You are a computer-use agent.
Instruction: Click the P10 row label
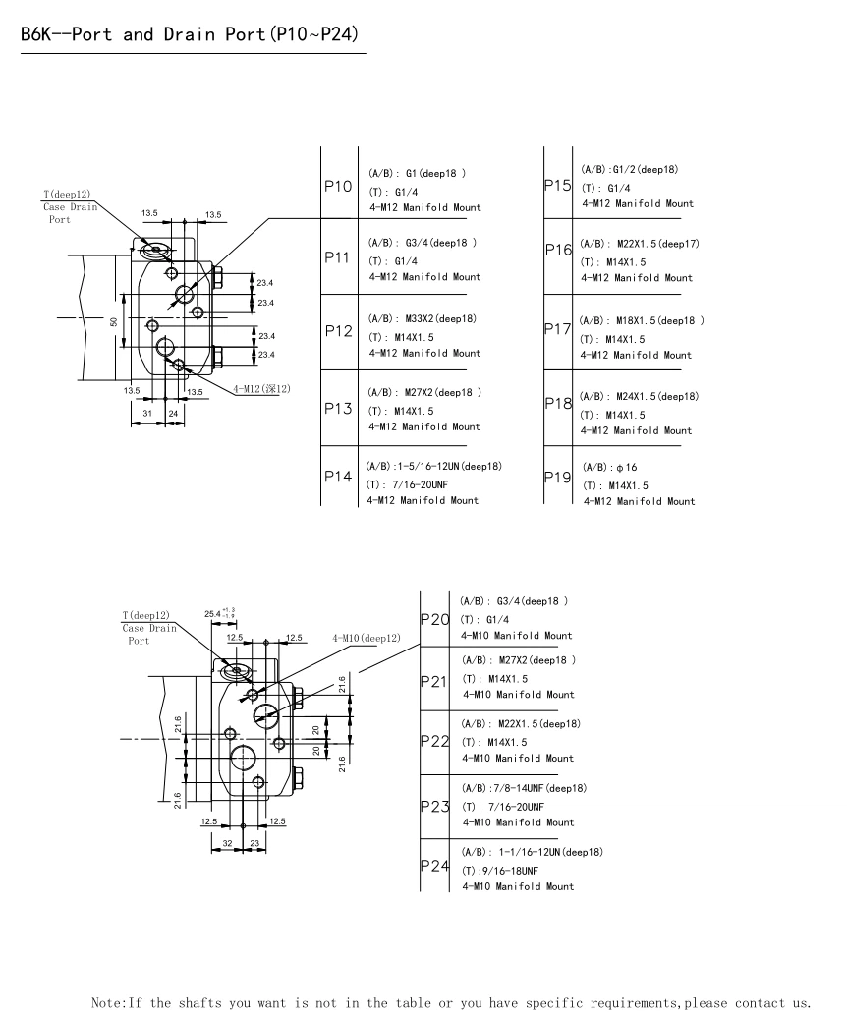[x=338, y=186]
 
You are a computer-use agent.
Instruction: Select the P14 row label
[x=338, y=477]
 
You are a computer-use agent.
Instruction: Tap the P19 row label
[x=558, y=478]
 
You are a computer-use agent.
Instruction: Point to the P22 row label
[x=434, y=739]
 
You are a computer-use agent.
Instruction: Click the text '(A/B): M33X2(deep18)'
[x=423, y=319]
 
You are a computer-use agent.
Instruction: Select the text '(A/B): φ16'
[x=610, y=467]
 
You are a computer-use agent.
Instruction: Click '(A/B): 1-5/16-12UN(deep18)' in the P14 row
[x=433, y=466]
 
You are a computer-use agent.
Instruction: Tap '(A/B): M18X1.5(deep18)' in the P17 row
[x=642, y=320]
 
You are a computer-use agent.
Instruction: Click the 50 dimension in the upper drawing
[x=113, y=322]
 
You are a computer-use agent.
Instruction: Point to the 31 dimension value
[x=146, y=414]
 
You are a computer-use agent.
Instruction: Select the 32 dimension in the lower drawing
[x=227, y=843]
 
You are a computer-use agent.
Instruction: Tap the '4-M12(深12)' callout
[x=261, y=389]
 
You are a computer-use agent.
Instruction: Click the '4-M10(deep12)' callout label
[x=367, y=638]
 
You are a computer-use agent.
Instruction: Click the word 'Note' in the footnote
[x=107, y=1003]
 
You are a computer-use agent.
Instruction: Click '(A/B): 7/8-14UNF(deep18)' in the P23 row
[x=524, y=788]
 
